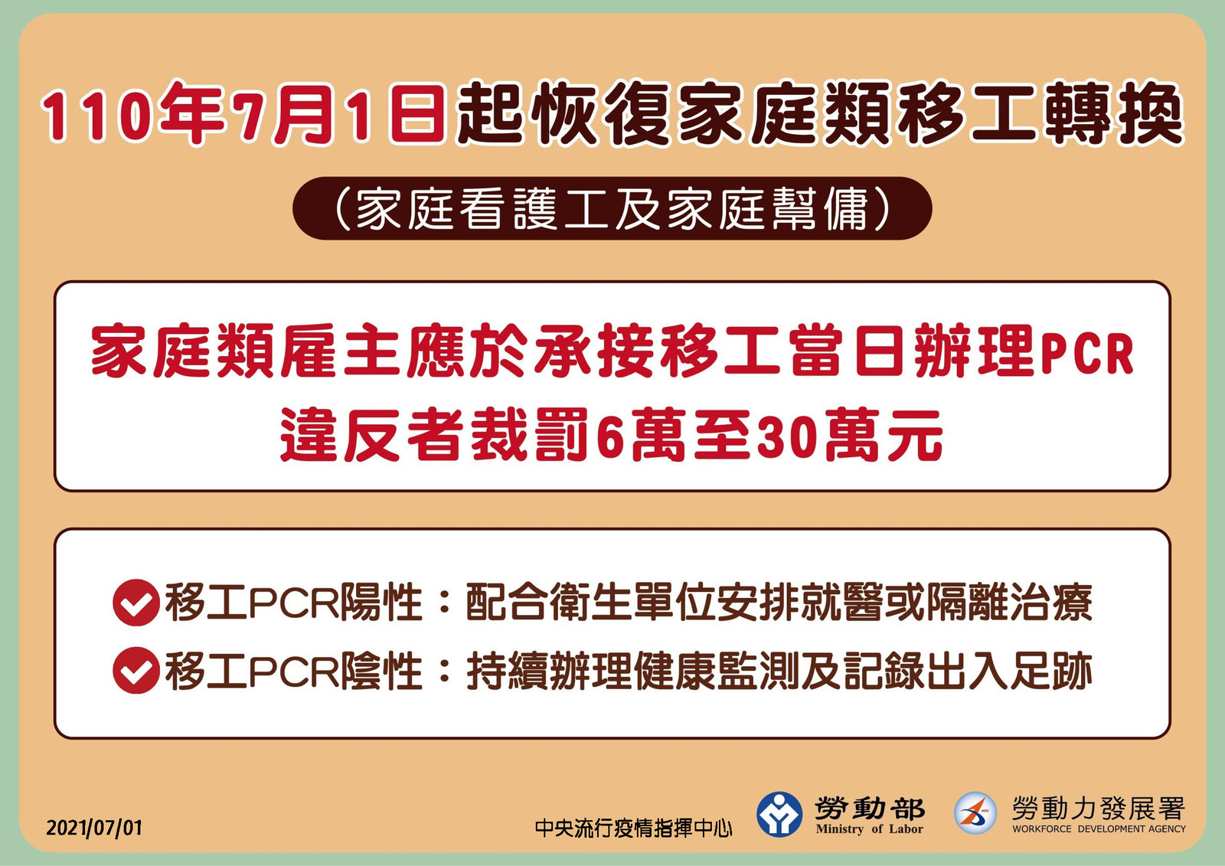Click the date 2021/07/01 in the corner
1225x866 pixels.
94,828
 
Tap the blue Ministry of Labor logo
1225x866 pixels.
779,814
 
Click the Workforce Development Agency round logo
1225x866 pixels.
975,813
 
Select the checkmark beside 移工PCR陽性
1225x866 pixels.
136,603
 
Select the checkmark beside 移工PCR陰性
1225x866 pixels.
136,670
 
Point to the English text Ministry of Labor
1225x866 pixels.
870,828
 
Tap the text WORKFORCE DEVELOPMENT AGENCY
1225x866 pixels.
1099,828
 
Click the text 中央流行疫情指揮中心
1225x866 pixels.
633,828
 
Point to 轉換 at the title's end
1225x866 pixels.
1113,114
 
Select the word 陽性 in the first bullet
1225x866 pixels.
381,603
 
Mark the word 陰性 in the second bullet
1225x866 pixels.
381,671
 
